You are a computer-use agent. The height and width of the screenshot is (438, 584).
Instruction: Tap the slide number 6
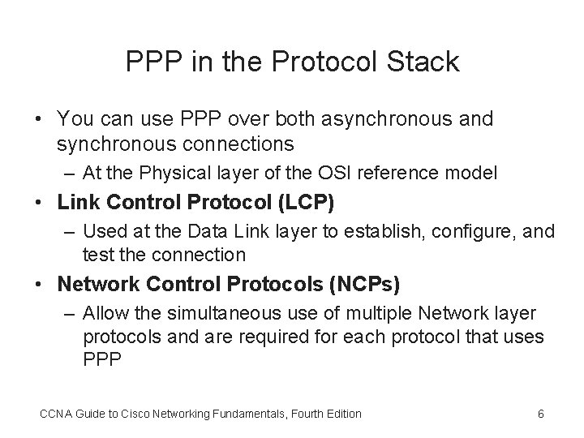pos(541,414)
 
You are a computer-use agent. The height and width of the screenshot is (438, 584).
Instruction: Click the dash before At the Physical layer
pos(71,173)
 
